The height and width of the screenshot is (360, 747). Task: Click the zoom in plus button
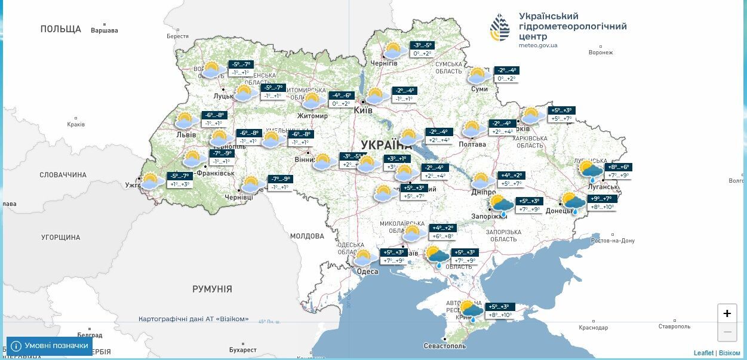coord(727,313)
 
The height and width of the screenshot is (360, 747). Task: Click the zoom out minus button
coord(727,331)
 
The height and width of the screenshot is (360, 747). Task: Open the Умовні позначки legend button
coord(50,346)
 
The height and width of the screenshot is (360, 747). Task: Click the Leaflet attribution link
coord(703,353)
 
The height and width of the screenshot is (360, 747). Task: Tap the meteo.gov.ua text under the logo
coord(538,45)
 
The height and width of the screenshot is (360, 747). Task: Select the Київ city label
coord(363,110)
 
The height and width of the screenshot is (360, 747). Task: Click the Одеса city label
coord(367,272)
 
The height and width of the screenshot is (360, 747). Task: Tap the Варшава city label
coord(104,30)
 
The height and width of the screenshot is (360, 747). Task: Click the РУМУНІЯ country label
coord(212,289)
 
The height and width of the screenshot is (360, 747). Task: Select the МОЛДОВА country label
coord(307,236)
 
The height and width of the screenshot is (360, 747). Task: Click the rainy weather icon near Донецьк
coord(573,203)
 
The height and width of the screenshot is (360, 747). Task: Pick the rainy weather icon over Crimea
coord(471,310)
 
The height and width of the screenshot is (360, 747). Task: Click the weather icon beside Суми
coord(478,76)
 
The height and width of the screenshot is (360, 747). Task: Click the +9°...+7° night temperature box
coord(602,198)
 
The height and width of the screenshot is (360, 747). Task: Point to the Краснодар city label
coord(593,327)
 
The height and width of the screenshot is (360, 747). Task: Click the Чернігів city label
coord(384,63)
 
